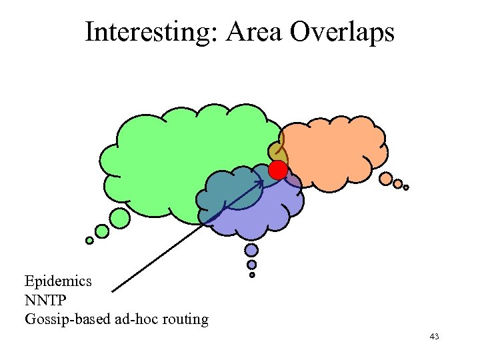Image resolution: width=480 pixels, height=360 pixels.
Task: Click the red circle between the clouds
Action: coord(278,170)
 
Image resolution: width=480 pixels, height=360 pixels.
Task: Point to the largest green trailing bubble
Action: coord(119,217)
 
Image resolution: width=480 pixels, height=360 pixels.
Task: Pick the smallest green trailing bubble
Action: coord(89,241)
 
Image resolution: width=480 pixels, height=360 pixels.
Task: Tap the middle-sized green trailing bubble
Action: coord(102,231)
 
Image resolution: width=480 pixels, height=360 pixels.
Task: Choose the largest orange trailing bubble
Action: coord(386,179)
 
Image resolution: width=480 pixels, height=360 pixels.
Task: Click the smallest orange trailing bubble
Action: coord(406,187)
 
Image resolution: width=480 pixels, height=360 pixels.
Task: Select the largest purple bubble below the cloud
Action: coord(251,250)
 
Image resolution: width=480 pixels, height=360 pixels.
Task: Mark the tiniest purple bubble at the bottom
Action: coord(252,275)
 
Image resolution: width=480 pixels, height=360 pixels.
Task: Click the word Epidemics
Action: coord(58,281)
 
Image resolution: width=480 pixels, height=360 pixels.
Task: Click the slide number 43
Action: coord(434,337)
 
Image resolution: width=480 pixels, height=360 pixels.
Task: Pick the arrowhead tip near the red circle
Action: coord(264,180)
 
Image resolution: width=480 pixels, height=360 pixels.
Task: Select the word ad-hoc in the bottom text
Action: coord(135,319)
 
